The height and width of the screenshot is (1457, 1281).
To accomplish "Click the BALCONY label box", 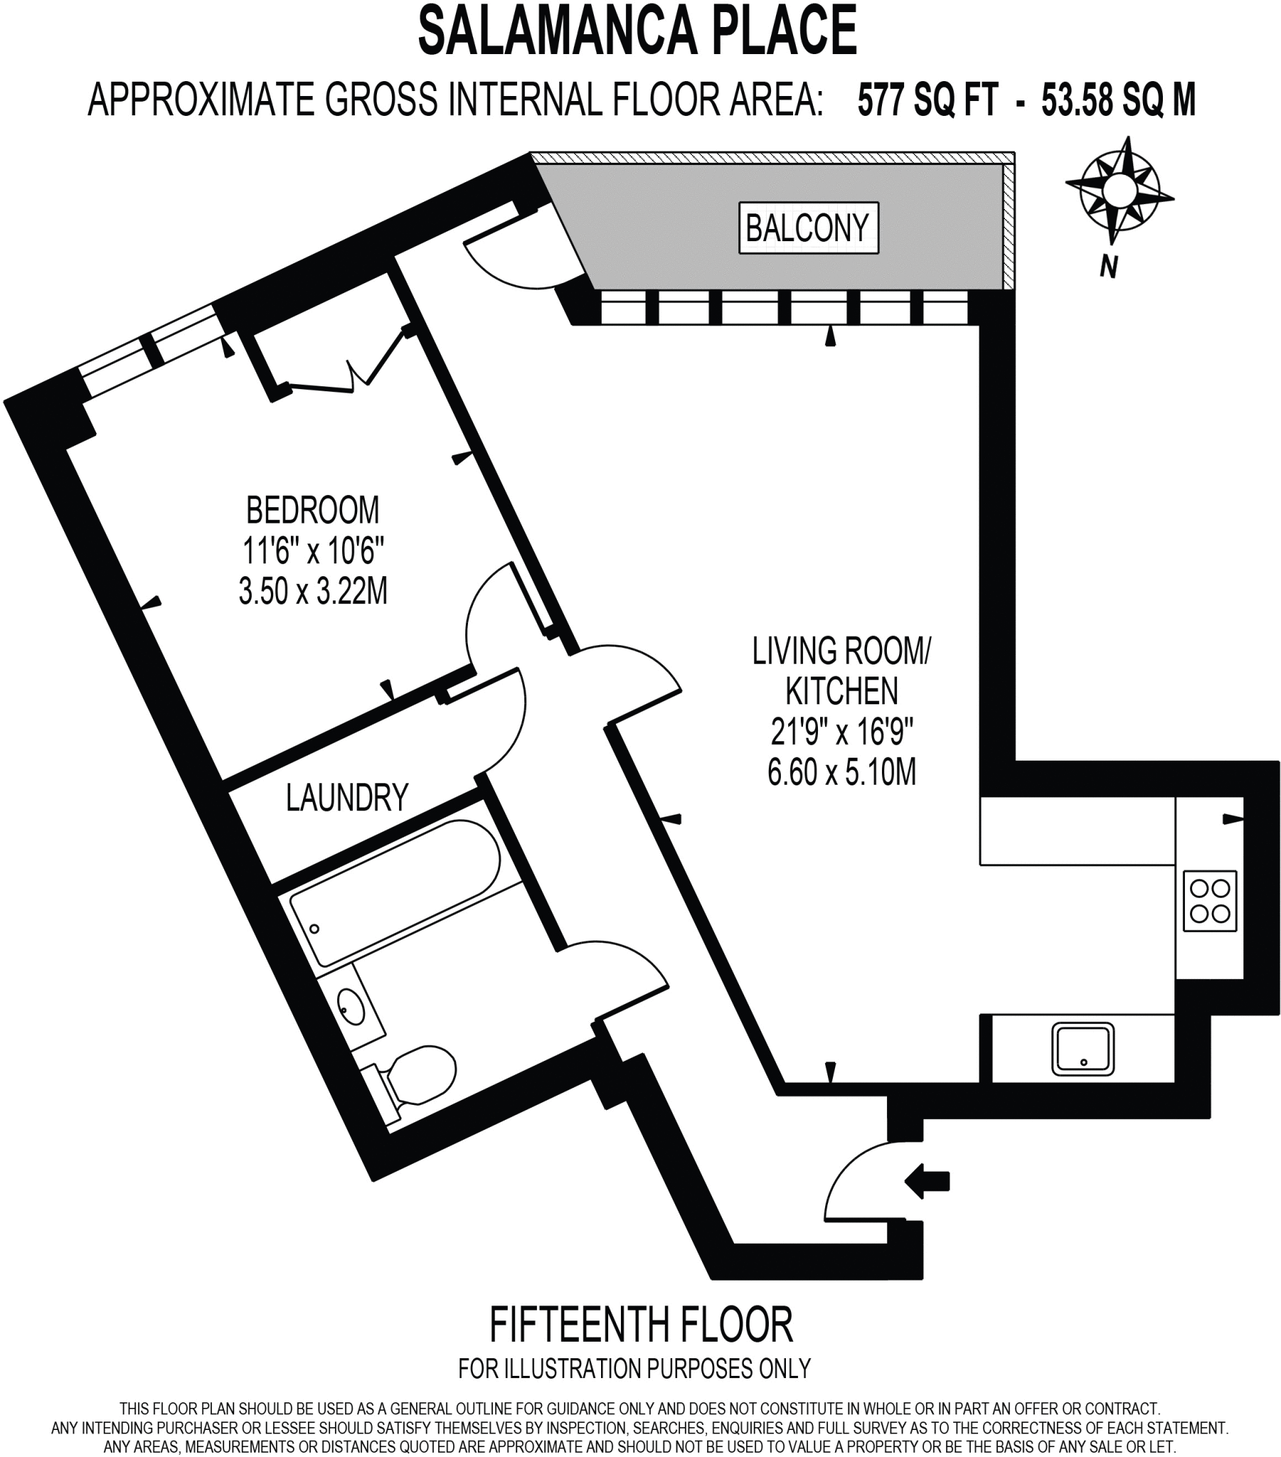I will [x=809, y=228].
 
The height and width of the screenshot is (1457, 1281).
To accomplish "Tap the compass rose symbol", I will [x=1117, y=191].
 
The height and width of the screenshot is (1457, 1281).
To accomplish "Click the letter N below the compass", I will [x=1107, y=267].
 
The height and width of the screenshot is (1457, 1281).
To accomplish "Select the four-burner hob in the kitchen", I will [x=1210, y=901].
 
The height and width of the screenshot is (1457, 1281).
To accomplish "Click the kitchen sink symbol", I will [x=1082, y=1049].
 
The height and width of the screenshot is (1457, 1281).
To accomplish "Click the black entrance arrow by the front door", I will [x=927, y=1180].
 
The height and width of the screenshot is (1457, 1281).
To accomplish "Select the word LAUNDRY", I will [x=347, y=798].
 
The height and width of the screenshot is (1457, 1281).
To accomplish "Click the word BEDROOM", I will [x=313, y=510].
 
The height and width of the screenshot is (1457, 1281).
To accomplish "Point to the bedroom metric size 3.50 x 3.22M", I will [x=313, y=591].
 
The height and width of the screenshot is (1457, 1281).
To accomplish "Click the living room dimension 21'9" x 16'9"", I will [x=842, y=731].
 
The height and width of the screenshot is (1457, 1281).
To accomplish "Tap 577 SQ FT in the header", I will [x=927, y=100].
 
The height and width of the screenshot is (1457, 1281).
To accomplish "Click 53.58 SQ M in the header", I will [x=1117, y=100].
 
